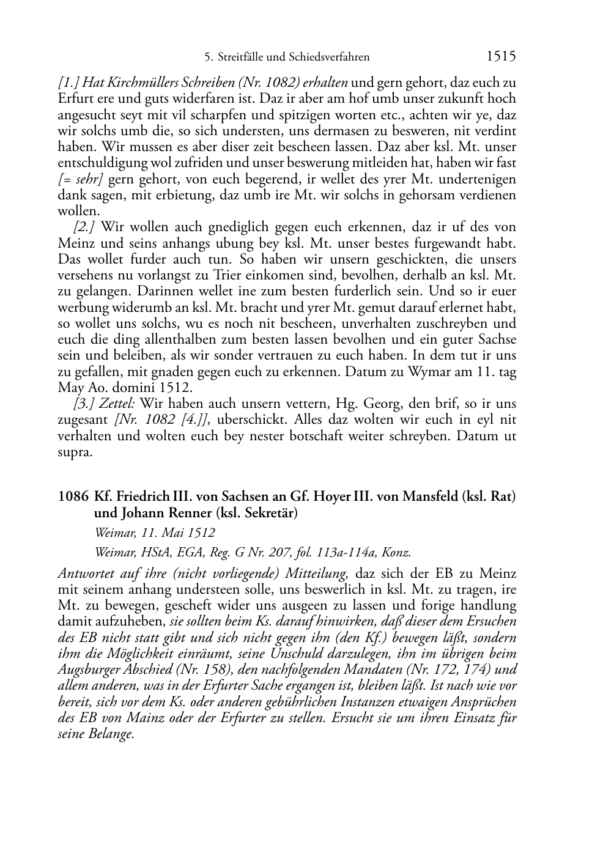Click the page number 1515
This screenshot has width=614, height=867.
pyautogui.click(x=501, y=56)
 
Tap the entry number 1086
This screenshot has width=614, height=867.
pyautogui.click(x=73, y=496)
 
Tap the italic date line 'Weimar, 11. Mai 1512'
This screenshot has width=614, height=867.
pyautogui.click(x=154, y=533)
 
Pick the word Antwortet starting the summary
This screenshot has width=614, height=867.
pyautogui.click(x=84, y=574)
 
